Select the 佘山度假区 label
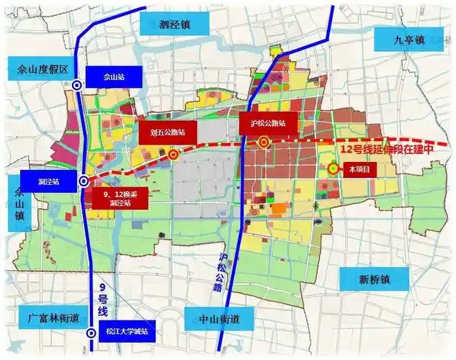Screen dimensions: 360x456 click(37, 69)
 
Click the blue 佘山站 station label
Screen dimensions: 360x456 click(109, 76)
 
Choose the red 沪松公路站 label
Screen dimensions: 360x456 click(268, 123)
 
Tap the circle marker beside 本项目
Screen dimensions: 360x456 click(334, 168)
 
